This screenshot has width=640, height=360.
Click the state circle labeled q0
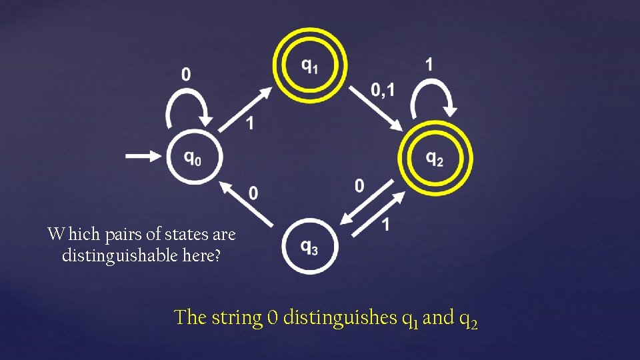(193, 158)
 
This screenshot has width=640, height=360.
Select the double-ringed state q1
(310, 65)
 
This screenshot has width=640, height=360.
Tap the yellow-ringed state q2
(435, 159)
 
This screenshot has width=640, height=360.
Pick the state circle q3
(310, 246)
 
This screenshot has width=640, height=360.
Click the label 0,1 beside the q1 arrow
(382, 89)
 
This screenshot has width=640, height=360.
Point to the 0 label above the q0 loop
(186, 74)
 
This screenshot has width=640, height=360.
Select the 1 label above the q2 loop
(429, 65)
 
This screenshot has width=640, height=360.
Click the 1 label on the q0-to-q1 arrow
(249, 123)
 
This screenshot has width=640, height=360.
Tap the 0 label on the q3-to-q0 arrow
(253, 193)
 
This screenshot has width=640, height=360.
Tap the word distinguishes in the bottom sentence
(340, 317)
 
